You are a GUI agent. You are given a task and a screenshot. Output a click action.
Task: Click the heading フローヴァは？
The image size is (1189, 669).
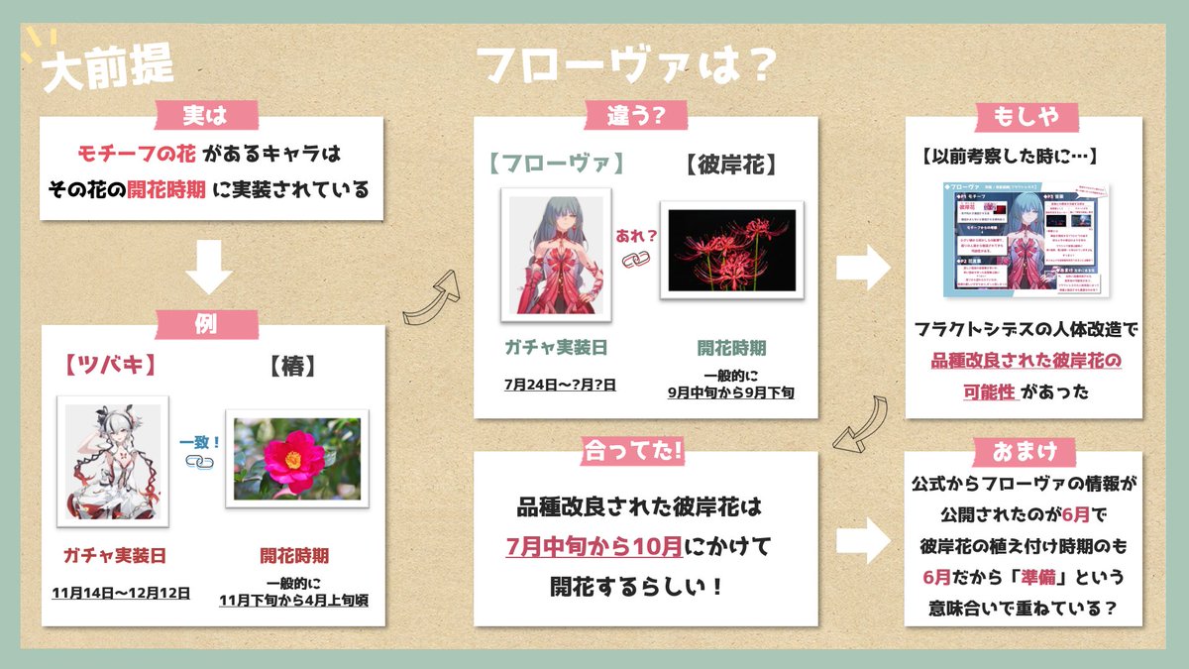click(624, 65)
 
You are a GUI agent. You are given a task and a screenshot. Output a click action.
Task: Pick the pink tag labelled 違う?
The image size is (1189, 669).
click(647, 116)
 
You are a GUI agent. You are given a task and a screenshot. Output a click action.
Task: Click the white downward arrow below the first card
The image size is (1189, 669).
click(210, 269)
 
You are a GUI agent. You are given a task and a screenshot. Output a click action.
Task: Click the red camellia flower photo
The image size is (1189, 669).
click(296, 458)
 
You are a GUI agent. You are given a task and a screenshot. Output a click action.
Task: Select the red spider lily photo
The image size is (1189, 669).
click(731, 248)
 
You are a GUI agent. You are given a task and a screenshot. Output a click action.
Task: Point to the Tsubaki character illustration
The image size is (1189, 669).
click(110, 458)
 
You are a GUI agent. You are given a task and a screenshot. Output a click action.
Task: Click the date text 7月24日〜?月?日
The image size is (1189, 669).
click(560, 383)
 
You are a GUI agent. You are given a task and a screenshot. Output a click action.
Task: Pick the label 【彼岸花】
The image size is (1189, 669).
click(731, 164)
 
